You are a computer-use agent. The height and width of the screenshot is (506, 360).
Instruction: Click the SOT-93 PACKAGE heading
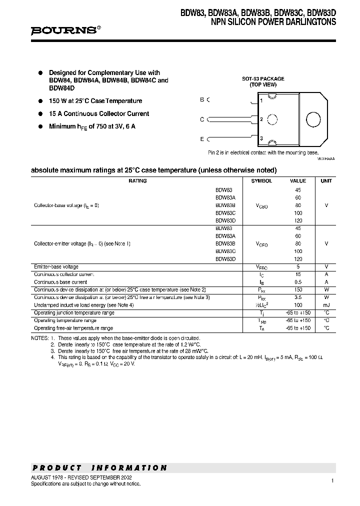(x=263, y=78)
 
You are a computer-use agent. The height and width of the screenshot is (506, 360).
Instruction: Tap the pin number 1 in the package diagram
(x=261, y=101)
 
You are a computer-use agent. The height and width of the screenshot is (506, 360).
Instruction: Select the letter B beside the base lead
(x=202, y=99)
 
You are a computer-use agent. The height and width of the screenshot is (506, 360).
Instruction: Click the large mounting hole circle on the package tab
(x=313, y=119)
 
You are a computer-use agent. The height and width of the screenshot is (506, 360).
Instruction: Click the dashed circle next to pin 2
(x=272, y=119)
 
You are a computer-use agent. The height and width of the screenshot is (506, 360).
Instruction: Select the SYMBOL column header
(x=261, y=181)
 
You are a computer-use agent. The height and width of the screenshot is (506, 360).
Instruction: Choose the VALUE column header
(x=298, y=181)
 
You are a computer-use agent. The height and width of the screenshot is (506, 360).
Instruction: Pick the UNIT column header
(x=326, y=181)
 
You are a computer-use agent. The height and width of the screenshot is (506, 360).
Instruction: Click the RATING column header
(x=137, y=181)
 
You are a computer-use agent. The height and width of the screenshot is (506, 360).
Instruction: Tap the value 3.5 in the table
(x=298, y=297)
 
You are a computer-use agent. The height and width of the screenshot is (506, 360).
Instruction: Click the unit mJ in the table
(x=326, y=305)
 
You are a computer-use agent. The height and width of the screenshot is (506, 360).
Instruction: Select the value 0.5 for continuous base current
(x=298, y=282)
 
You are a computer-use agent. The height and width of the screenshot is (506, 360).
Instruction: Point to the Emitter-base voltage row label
(x=56, y=267)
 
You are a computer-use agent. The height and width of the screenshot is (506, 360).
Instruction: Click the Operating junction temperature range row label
(x=74, y=312)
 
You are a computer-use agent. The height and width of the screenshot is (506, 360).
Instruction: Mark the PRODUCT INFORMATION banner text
(x=99, y=468)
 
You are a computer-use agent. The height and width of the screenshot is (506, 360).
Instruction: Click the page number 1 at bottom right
(x=332, y=480)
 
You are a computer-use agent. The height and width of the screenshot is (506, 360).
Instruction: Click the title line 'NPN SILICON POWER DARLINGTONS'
(x=273, y=22)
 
